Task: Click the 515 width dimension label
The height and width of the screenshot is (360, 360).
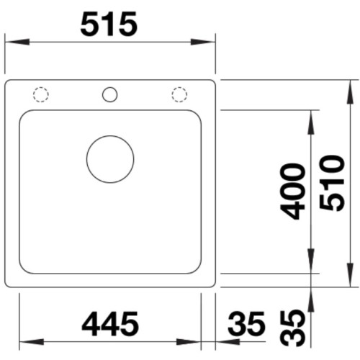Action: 109,24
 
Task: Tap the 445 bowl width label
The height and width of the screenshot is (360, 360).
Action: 110,323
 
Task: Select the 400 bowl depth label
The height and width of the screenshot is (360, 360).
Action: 293,192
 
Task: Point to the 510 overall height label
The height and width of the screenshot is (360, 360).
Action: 332,183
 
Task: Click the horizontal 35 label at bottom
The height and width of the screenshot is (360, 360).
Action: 246,323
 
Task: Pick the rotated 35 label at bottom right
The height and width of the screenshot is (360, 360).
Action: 293,328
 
